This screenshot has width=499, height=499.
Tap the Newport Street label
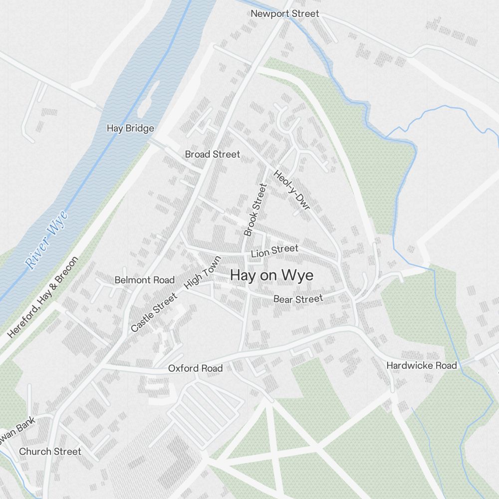pos(284,13)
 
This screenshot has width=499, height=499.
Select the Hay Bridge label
pos(130,128)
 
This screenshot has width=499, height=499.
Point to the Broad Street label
pos(212,154)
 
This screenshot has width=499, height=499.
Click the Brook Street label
pos(255,210)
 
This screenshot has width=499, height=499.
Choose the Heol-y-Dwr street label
pos(291,189)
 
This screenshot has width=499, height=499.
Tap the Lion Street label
pos(274,251)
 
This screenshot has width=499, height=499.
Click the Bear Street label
pos(298,299)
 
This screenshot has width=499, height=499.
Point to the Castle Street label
pos(154,313)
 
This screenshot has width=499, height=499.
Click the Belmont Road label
pos(145,280)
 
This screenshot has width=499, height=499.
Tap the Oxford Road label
pos(195,368)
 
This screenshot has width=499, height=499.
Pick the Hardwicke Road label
pos(422,365)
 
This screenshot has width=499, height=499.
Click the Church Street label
pos(50,451)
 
